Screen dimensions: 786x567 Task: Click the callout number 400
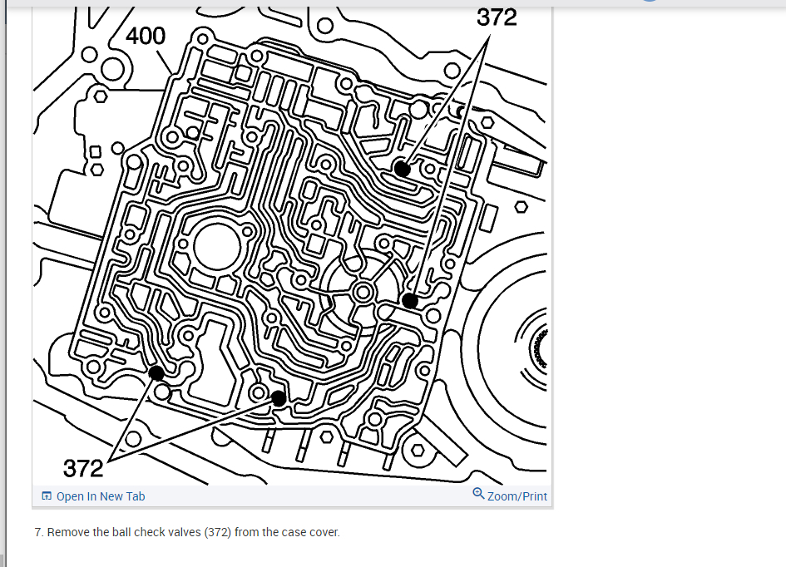(146, 36)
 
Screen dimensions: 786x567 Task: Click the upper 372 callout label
(497, 17)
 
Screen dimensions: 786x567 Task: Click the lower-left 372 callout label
(83, 468)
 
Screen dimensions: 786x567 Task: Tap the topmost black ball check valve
(403, 169)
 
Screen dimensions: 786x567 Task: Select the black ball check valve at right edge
(410, 300)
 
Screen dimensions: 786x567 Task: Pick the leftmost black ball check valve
(156, 373)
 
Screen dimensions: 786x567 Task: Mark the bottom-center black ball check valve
(279, 398)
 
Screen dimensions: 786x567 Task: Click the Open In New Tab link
(100, 496)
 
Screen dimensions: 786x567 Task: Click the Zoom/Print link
(517, 496)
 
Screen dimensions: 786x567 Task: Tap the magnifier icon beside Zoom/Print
(478, 494)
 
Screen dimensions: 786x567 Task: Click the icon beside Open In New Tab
(47, 496)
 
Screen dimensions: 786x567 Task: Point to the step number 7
(38, 532)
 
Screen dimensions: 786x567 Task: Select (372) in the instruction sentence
(215, 532)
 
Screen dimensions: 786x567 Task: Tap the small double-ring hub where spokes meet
(363, 291)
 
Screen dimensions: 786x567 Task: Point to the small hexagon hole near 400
(100, 96)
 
